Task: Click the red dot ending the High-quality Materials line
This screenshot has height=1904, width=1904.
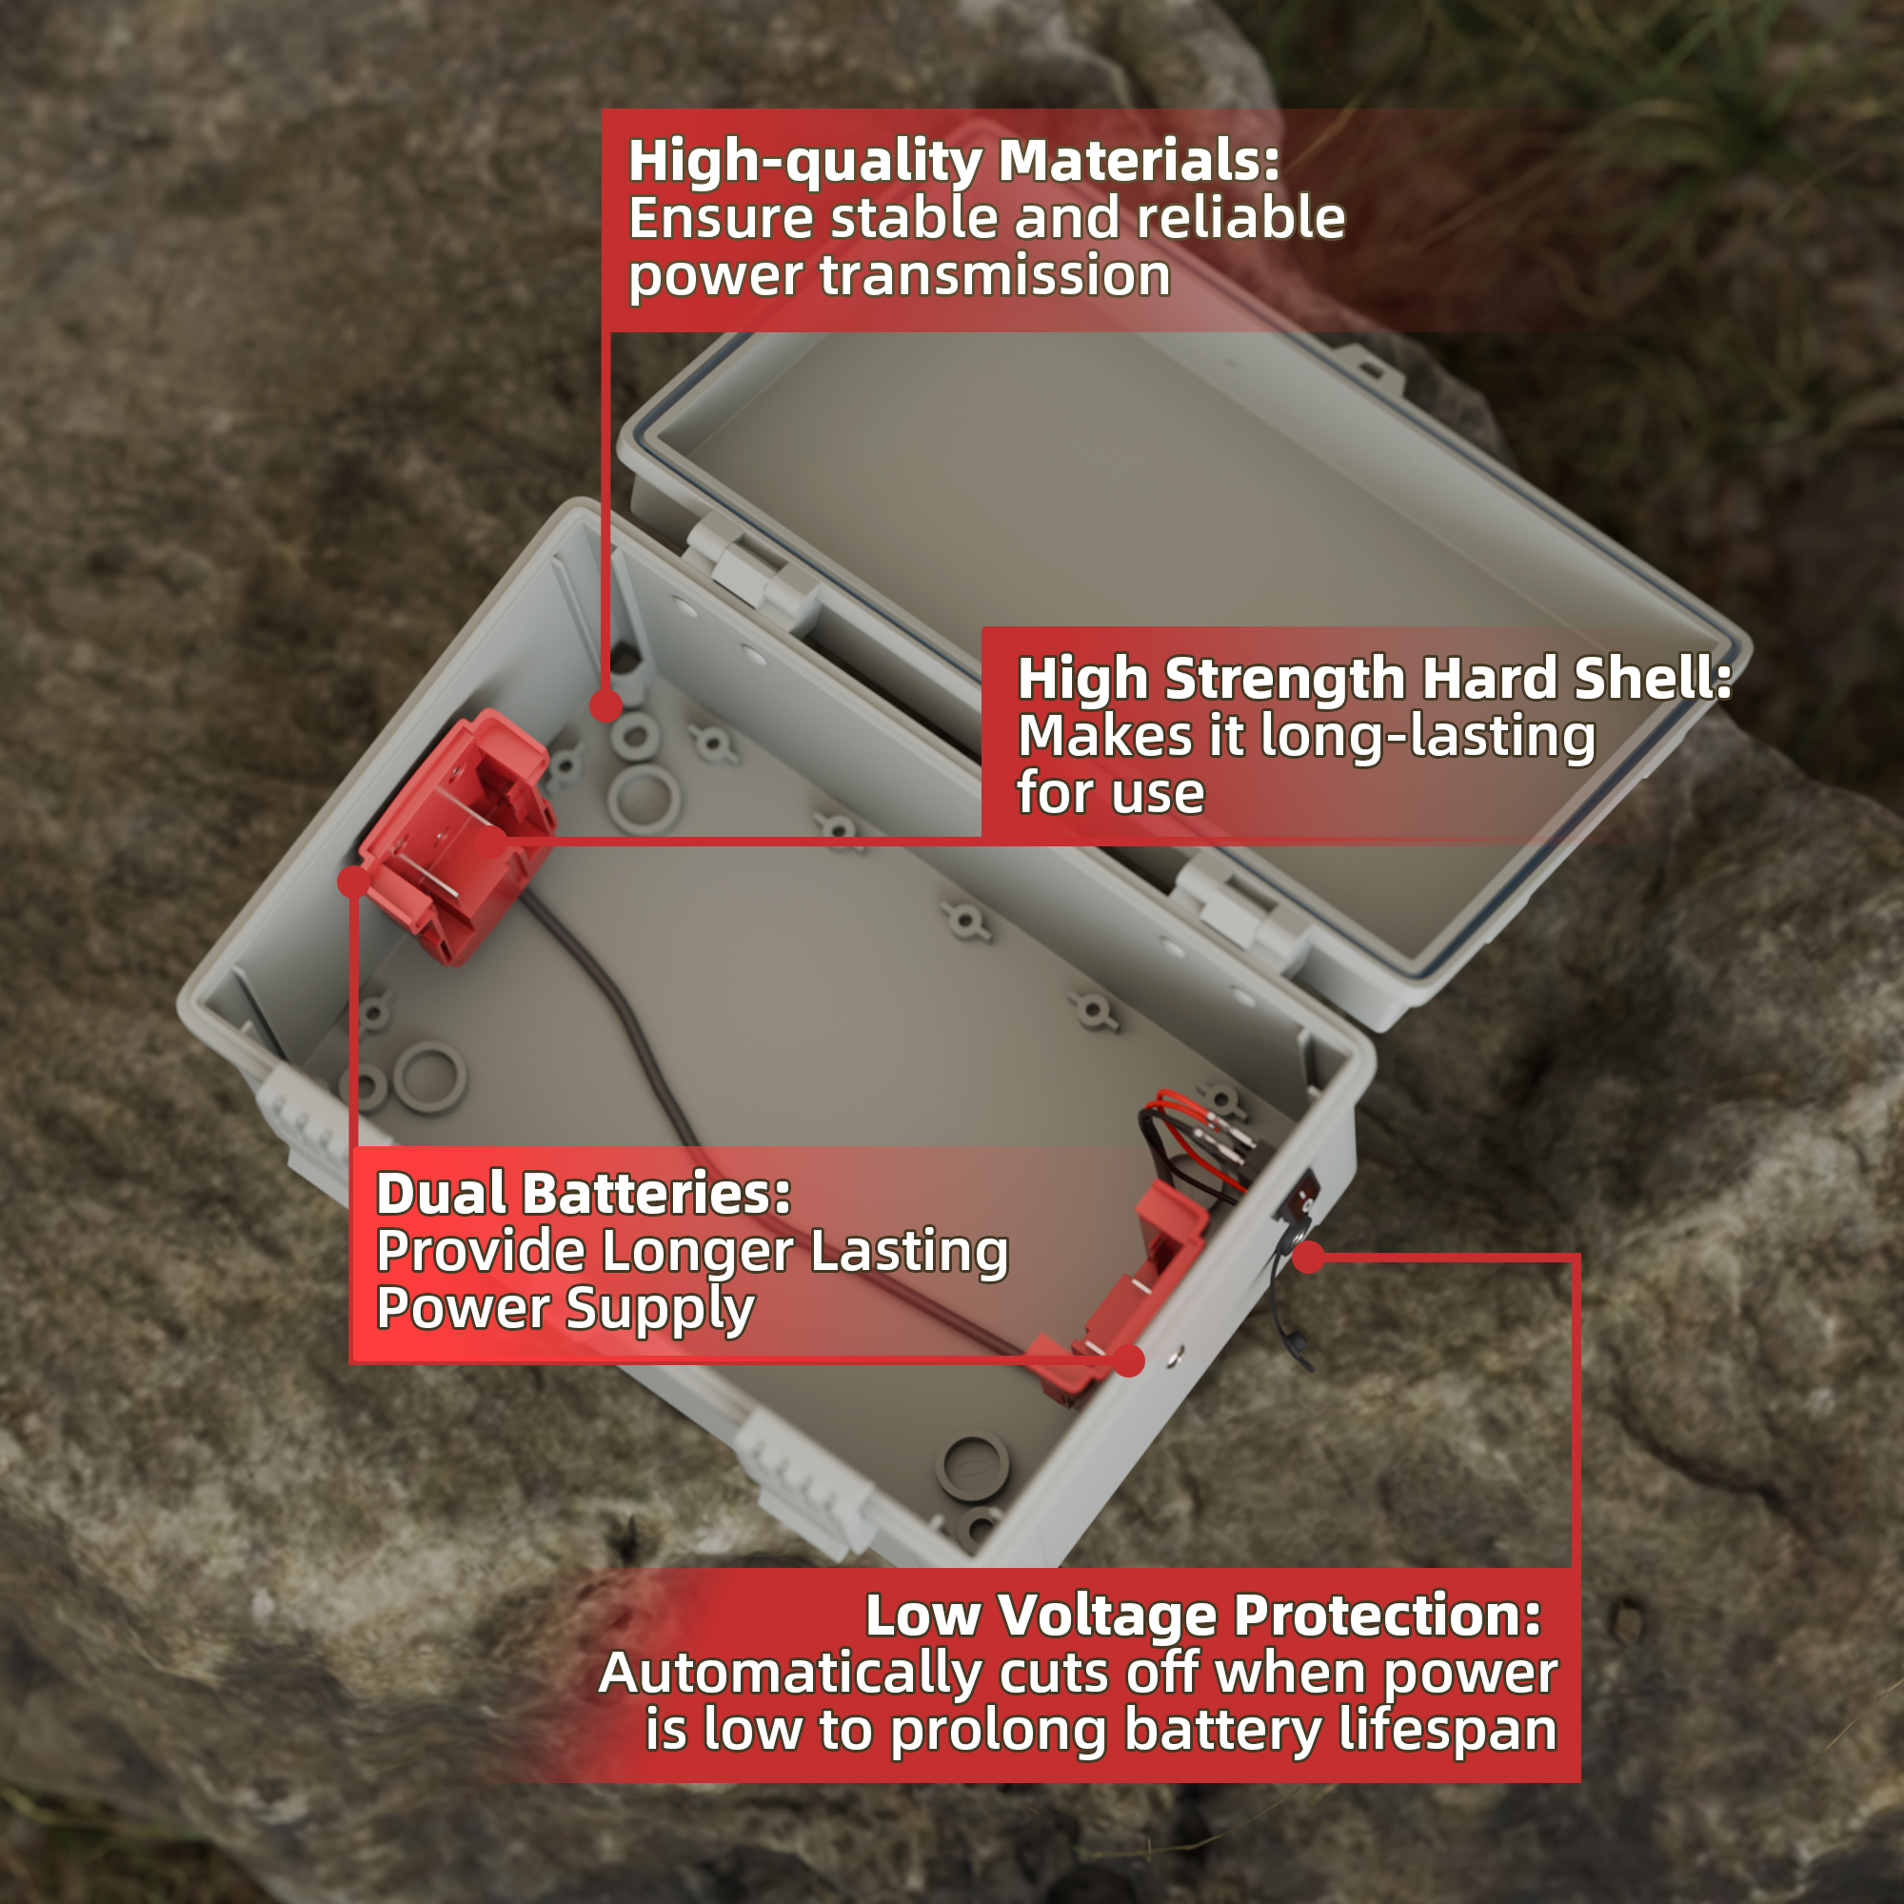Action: (606, 705)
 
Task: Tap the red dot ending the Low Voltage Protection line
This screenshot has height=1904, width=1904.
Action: (1309, 1257)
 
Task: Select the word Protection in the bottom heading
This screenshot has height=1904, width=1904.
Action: (1388, 1616)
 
